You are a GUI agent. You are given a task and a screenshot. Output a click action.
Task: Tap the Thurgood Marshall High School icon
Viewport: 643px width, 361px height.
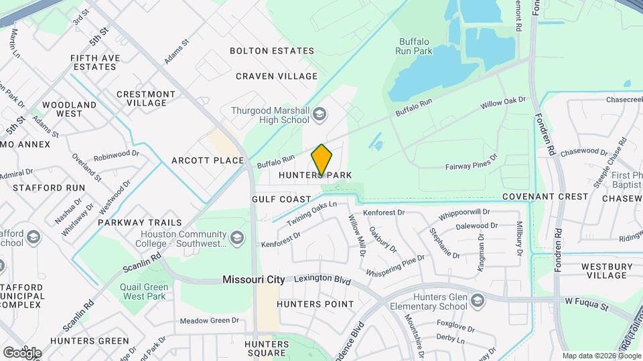[x=319, y=115]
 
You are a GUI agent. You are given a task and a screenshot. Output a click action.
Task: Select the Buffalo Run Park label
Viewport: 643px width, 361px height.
[x=414, y=45]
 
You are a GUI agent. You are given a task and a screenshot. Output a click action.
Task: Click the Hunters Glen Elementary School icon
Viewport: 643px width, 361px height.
[x=476, y=301]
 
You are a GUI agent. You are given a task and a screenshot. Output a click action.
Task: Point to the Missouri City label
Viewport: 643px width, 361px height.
[x=254, y=280]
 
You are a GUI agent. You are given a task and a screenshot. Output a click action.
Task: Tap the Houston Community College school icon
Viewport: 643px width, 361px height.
[x=236, y=238]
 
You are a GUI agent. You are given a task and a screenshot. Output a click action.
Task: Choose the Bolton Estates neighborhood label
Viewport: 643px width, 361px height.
[x=272, y=51]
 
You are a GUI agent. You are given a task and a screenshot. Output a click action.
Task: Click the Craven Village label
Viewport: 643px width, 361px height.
[x=277, y=76]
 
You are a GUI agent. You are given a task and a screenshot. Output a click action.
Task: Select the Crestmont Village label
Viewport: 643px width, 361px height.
[x=146, y=98]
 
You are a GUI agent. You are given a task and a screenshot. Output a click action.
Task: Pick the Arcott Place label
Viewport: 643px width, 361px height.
[x=207, y=160]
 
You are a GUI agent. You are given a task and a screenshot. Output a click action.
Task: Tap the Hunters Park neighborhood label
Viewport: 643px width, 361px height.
[x=315, y=176]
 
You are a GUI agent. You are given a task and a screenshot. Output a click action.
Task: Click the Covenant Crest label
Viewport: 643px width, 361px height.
[x=545, y=197]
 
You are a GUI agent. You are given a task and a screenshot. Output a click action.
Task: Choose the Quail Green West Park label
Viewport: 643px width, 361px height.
[x=137, y=291]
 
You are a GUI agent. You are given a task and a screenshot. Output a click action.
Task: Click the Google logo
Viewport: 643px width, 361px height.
[x=22, y=352]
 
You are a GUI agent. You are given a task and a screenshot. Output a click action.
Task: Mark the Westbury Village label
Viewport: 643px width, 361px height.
[x=607, y=271]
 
